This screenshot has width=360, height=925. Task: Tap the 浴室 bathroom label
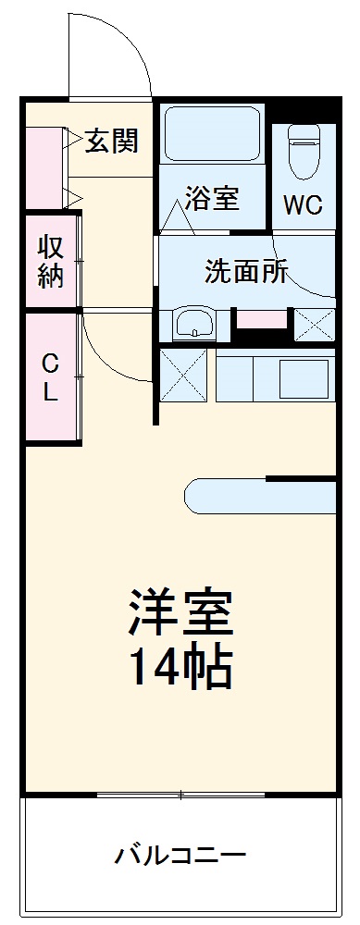pos(212,198)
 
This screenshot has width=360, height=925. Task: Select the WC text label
pos(303,204)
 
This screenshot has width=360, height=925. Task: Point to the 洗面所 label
pos(246,272)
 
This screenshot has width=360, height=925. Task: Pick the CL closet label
pos(50,376)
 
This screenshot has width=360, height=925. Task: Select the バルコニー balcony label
pos(180,854)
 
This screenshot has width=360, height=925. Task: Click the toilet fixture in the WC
pos(303,152)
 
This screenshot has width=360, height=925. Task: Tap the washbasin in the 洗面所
pos(194,325)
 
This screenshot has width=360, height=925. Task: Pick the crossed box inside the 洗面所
pos(314,325)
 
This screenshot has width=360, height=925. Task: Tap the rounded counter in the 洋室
pos(259,495)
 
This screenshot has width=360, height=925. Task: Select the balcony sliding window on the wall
pos(180,795)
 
